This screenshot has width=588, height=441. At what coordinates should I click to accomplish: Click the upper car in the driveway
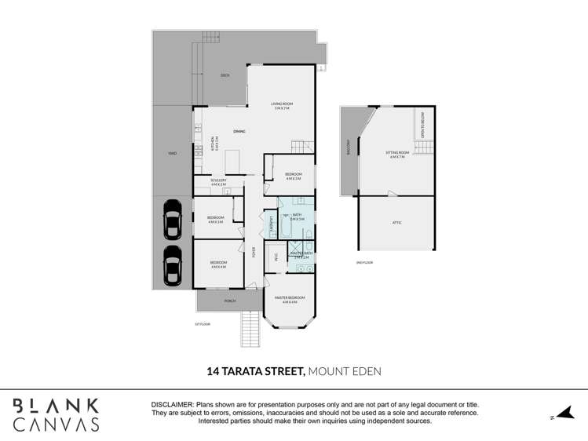(172, 220)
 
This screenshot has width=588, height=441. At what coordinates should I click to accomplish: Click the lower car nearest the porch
(172, 266)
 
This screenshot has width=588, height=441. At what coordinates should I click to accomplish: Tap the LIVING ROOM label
(281, 105)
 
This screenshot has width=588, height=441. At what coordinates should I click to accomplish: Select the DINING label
(239, 132)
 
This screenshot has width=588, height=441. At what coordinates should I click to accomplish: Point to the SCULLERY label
(218, 181)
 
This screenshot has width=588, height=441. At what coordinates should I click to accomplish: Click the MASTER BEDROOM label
(288, 299)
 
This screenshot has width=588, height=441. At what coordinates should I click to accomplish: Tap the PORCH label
(230, 301)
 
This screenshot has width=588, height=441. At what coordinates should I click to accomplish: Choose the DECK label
(225, 75)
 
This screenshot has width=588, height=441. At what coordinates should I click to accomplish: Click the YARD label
(171, 154)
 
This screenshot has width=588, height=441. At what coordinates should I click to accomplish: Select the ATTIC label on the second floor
(397, 223)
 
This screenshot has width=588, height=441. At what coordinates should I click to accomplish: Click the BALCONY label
(348, 148)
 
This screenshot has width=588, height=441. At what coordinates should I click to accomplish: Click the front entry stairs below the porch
(248, 328)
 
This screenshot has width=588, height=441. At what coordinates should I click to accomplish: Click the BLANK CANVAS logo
(56, 414)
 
